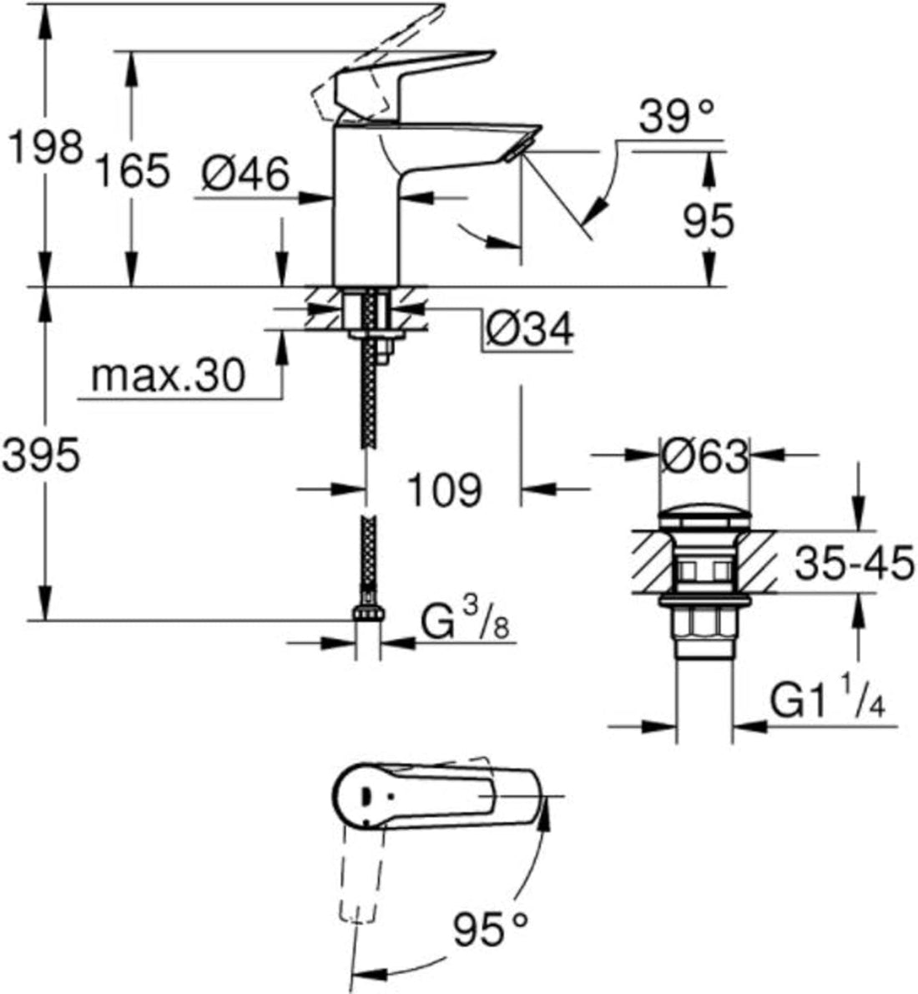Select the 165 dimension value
tap(131, 171)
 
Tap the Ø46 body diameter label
tap(245, 175)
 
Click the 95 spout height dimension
tap(708, 221)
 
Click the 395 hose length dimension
tap(42, 456)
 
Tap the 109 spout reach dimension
tap(444, 489)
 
